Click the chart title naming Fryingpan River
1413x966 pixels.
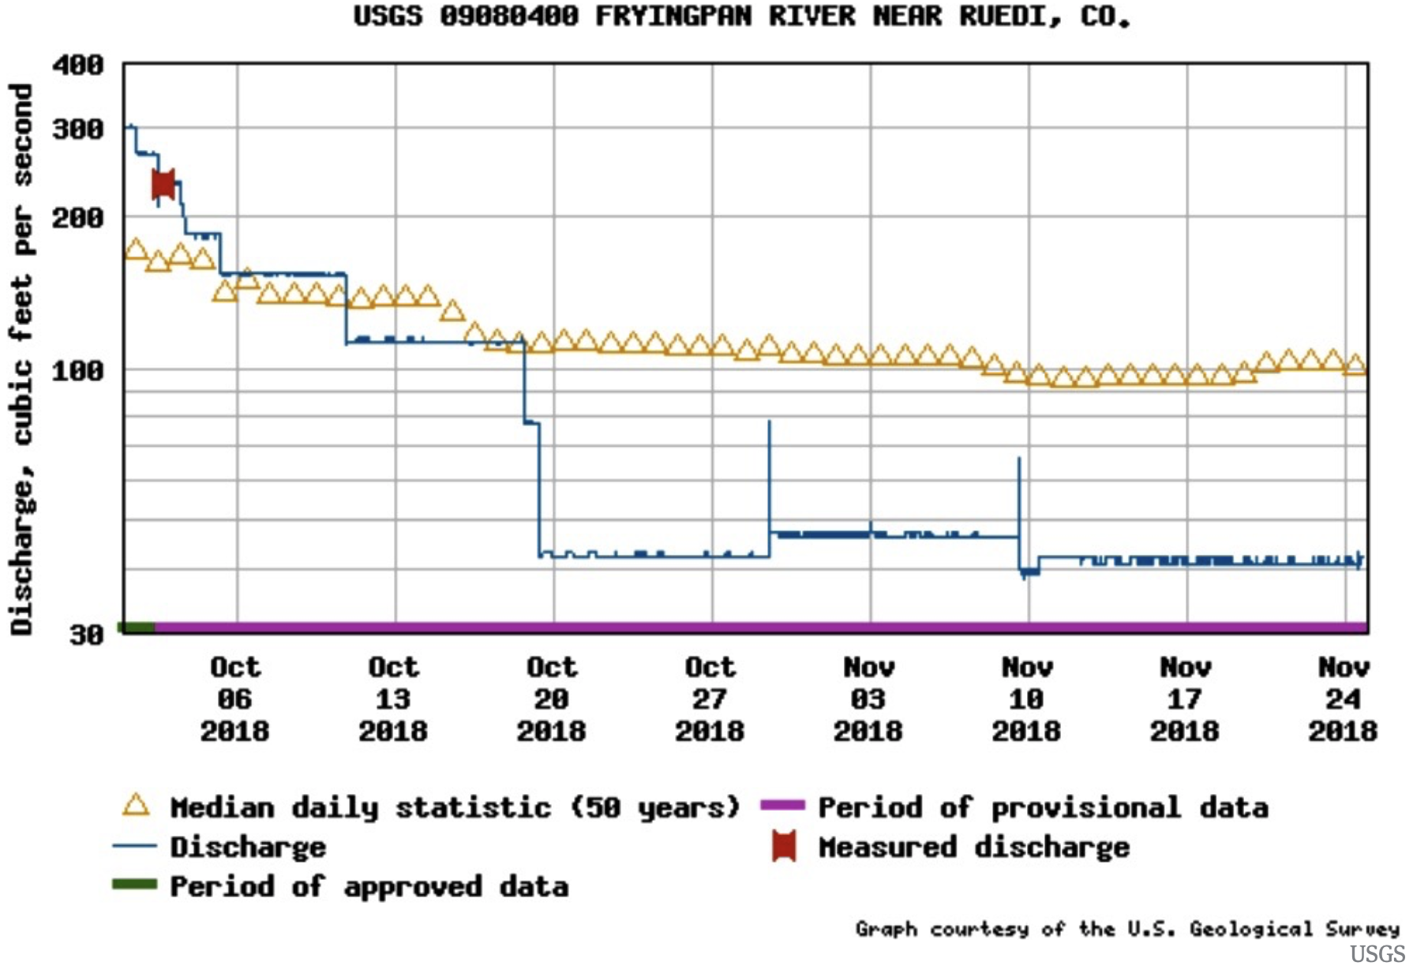pyautogui.click(x=742, y=17)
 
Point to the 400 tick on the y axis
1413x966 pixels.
pyautogui.click(x=78, y=65)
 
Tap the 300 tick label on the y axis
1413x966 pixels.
pyautogui.click(x=78, y=129)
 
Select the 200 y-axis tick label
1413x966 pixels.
pyautogui.click(x=78, y=217)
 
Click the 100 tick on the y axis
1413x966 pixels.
pyautogui.click(x=78, y=370)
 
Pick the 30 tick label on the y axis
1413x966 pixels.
pyautogui.click(x=86, y=635)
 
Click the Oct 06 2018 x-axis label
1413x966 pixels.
pyautogui.click(x=235, y=699)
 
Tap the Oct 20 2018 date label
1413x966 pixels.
pyautogui.click(x=552, y=699)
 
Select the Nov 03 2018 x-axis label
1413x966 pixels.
pyautogui.click(x=868, y=699)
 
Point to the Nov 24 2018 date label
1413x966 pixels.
pyautogui.click(x=1343, y=699)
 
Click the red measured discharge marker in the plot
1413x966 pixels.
pyautogui.click(x=163, y=185)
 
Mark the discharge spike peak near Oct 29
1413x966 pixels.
pyautogui.click(x=770, y=422)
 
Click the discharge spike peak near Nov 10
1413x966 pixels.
pyautogui.click(x=1019, y=459)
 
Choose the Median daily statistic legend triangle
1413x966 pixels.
pyautogui.click(x=136, y=806)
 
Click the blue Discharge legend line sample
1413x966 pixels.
pyautogui.click(x=135, y=846)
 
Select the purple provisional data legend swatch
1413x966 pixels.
pyautogui.click(x=782, y=806)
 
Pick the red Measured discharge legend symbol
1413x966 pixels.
pyautogui.click(x=784, y=846)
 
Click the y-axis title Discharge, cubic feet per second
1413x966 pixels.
pyautogui.click(x=22, y=359)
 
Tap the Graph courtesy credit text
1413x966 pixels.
pyautogui.click(x=1127, y=929)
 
